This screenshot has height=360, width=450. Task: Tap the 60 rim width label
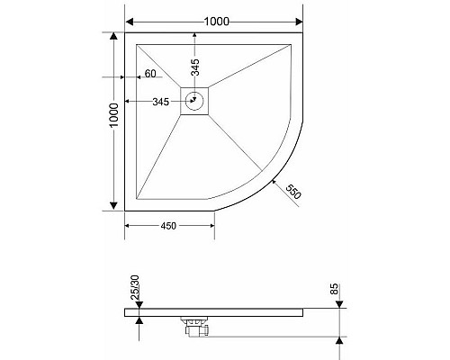(x=150, y=74)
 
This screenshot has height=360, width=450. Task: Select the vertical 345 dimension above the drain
(x=194, y=65)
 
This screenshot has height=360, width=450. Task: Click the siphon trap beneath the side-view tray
(x=195, y=328)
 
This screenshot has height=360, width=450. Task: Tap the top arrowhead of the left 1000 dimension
(x=113, y=38)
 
